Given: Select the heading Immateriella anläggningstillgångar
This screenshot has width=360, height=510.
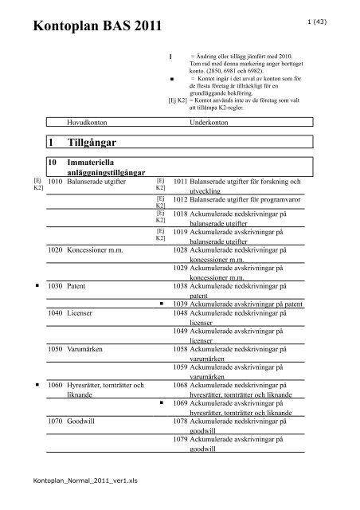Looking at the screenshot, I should [98, 168].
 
